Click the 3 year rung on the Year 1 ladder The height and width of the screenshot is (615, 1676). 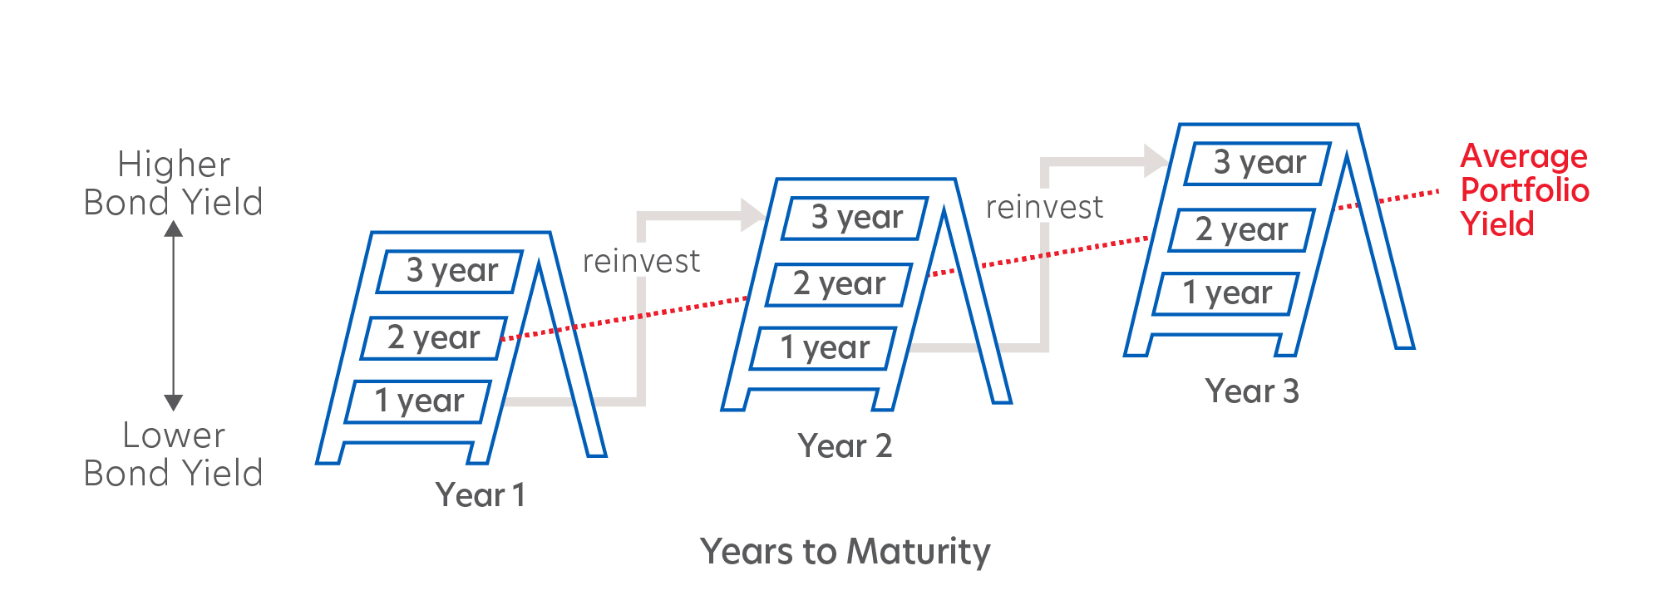point(450,272)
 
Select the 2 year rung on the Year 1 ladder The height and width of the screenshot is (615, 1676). point(434,338)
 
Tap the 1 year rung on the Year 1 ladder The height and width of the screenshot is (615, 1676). point(418,401)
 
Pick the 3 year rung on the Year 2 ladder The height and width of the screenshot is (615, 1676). point(855,218)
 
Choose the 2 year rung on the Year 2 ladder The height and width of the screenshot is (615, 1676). point(839,284)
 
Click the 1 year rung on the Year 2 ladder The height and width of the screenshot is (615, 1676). point(824,348)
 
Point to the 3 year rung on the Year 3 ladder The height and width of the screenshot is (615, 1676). point(1259,163)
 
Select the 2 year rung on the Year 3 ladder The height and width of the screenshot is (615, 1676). point(1242,230)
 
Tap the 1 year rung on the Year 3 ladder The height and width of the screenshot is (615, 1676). point(1226,293)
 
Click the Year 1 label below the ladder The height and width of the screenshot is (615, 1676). point(481,495)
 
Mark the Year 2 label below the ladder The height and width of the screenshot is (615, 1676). point(845,446)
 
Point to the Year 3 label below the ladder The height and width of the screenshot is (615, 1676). point(1252,391)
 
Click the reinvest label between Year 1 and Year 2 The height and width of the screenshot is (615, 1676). point(641,262)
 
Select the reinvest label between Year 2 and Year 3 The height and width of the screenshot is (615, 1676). point(1045,207)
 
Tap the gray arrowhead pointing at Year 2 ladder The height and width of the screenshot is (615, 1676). point(753,215)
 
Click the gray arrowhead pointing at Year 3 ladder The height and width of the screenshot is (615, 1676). point(1157,160)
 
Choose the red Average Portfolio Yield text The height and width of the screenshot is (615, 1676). point(1525,190)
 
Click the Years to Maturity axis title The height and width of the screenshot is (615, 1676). point(845,552)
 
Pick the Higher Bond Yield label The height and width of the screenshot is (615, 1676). point(174,183)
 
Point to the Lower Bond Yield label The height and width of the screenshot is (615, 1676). point(174,454)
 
